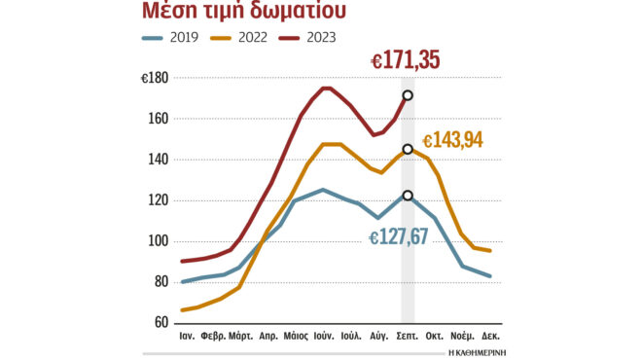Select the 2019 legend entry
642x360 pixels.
pyautogui.click(x=177, y=38)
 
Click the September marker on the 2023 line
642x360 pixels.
pyautogui.click(x=408, y=95)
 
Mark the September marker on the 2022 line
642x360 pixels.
pyautogui.click(x=408, y=149)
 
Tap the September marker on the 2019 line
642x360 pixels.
pyautogui.click(x=408, y=196)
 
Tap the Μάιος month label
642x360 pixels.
pyautogui.click(x=296, y=340)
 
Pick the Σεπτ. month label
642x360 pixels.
pyautogui.click(x=408, y=340)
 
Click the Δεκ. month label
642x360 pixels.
pyautogui.click(x=492, y=340)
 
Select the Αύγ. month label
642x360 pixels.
pyautogui.click(x=380, y=340)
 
